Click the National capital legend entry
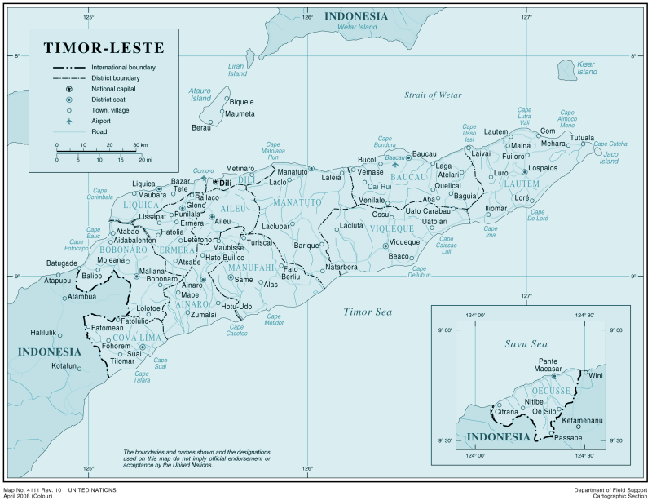(x=113, y=88)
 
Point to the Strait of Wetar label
(x=433, y=95)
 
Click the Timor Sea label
(x=368, y=312)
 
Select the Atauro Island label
(x=200, y=94)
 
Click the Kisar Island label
(x=587, y=68)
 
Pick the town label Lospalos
(x=542, y=168)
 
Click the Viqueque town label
(x=403, y=242)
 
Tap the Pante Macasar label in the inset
(x=548, y=365)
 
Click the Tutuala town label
(x=581, y=138)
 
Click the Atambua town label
(x=81, y=297)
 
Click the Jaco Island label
(x=609, y=157)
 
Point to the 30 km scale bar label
(x=140, y=145)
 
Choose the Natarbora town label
(x=341, y=267)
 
